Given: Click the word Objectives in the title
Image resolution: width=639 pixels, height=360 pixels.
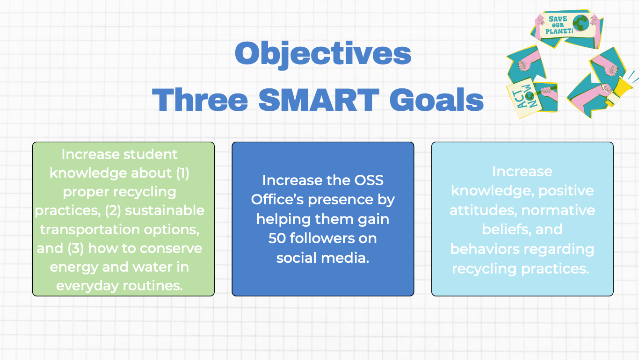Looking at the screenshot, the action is coord(323,54).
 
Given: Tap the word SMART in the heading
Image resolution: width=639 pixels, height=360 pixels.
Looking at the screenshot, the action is coord(319,100).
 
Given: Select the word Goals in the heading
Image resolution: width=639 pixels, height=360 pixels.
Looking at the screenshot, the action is coord(436,100).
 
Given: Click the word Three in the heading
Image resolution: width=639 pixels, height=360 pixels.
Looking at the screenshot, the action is coord(200,100).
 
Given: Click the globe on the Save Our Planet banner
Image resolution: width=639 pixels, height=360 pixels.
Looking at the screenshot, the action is coord(581,23).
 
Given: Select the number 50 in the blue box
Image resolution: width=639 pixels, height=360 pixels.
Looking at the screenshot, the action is coord(277,238).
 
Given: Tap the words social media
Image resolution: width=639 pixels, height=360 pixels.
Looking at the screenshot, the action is coord(323,258).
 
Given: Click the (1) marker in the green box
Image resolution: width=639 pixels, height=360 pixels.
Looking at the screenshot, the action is coord(182,173).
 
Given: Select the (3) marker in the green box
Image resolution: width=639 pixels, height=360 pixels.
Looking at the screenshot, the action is coord(76,248).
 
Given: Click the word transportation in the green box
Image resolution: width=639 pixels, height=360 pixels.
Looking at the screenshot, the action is coord(89,230).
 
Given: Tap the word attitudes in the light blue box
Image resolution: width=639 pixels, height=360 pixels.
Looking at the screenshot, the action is coord(483,210).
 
